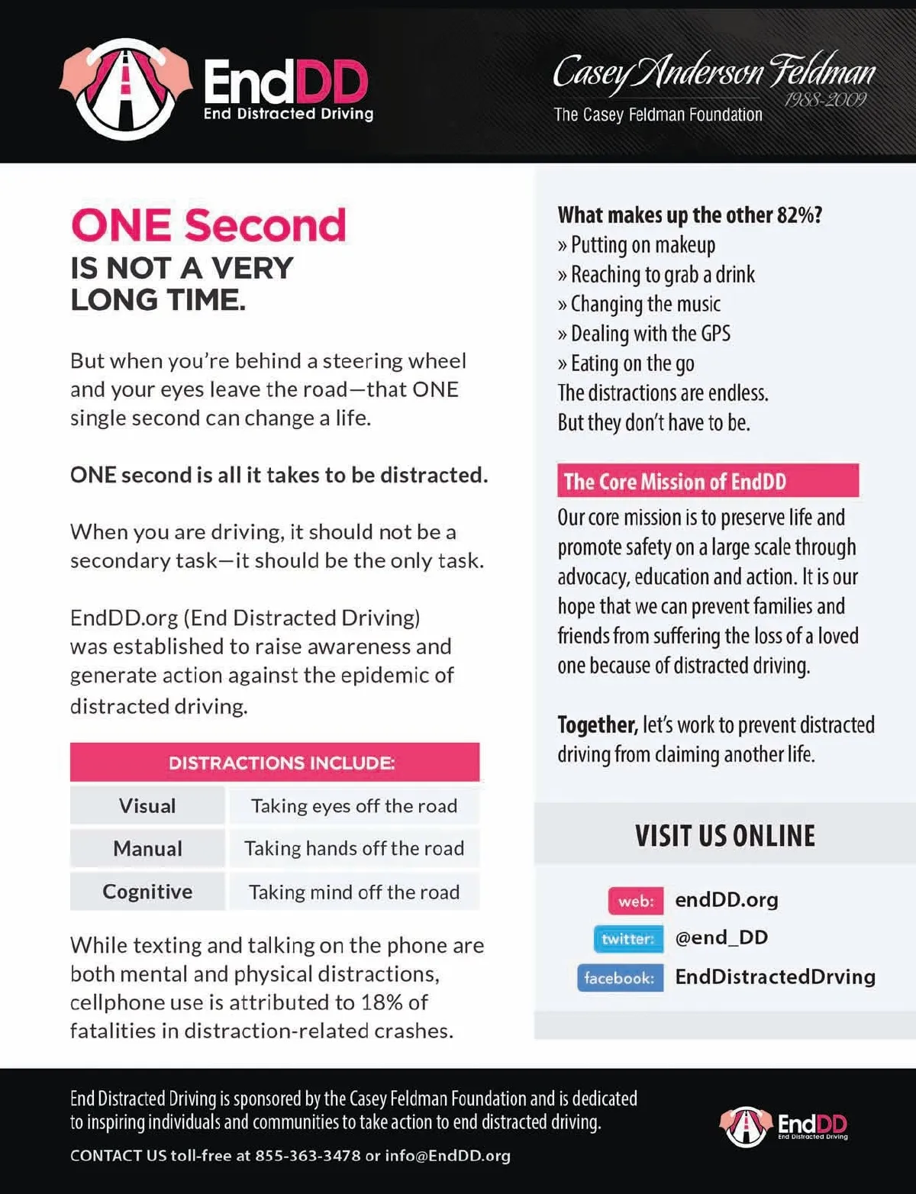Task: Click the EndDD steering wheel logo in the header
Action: point(126,88)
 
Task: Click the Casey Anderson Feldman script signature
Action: point(713,73)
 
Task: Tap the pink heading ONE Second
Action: point(208,225)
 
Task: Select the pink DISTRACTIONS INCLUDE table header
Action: point(275,763)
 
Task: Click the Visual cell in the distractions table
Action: point(147,806)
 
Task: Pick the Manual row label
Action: point(147,849)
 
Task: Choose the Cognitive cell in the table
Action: point(147,892)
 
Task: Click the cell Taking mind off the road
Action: point(354,892)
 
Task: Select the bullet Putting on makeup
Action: point(643,245)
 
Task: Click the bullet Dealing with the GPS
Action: point(650,334)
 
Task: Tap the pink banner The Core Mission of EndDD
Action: point(708,482)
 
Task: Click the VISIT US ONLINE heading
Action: point(725,836)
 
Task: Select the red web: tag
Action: point(636,902)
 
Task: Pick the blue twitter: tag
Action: point(627,939)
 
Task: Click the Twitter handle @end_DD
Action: point(721,937)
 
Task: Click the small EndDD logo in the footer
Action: point(784,1125)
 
